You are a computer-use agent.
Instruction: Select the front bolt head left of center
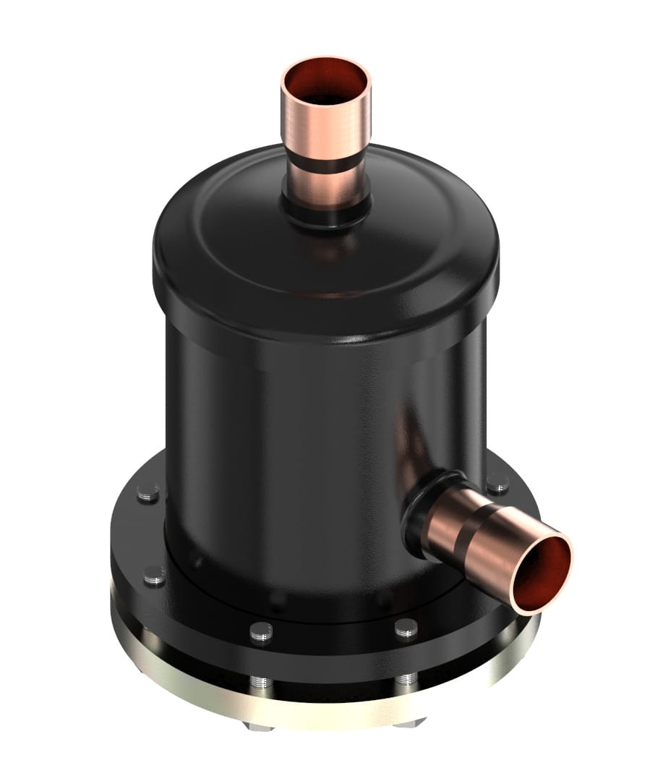coord(261,630)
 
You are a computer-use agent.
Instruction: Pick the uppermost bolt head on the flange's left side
coord(148,492)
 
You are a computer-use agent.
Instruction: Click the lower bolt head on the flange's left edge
coord(154,575)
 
